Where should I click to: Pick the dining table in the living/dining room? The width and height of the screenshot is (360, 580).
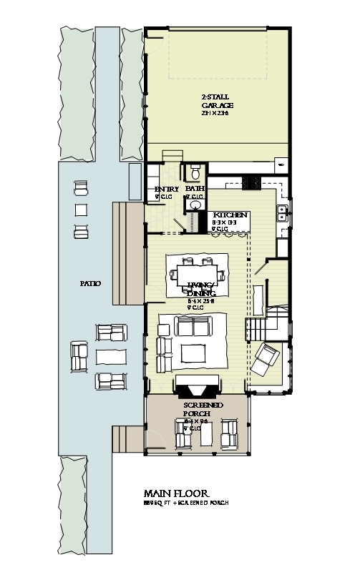[x=197, y=275]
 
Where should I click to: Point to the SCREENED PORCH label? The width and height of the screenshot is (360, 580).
[x=203, y=409]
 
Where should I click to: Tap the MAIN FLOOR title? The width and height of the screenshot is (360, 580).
[x=176, y=493]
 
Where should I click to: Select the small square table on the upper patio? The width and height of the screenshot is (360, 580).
[x=81, y=210]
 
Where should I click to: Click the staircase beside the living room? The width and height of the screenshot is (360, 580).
[x=260, y=328]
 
